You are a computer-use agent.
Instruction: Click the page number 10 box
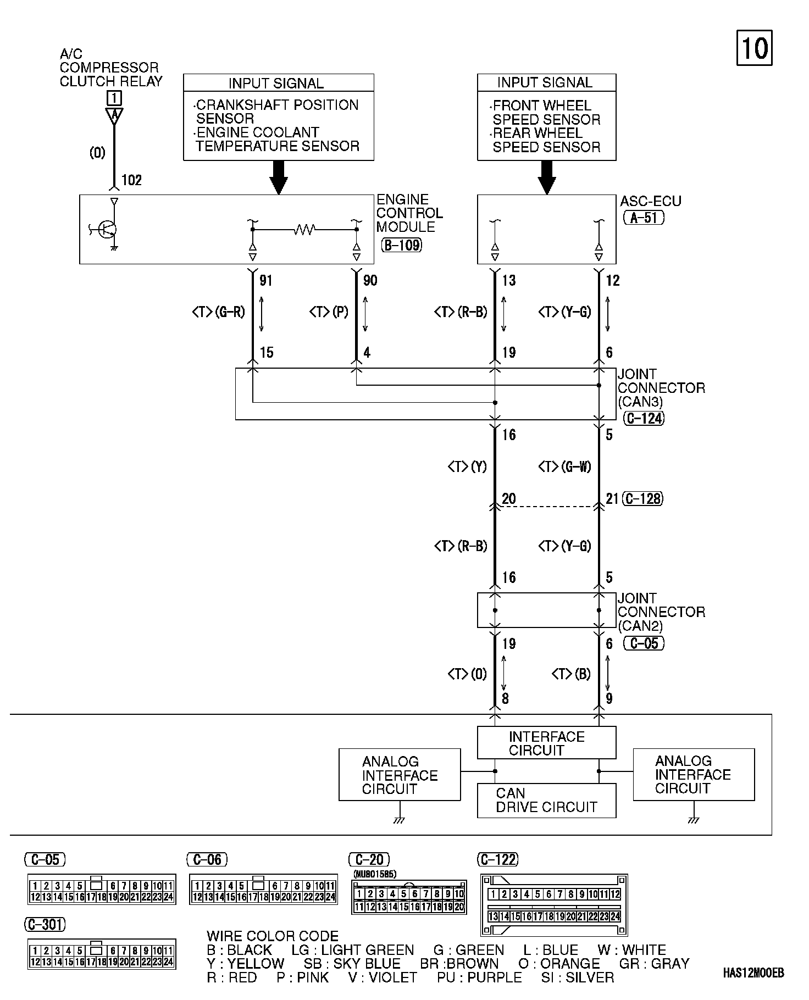[754, 48]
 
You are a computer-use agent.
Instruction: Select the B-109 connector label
[401, 245]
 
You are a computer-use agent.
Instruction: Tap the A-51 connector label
[644, 218]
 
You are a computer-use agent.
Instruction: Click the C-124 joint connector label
[644, 418]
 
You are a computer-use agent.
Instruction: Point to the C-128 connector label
[642, 498]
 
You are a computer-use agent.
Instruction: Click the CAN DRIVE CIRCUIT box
[546, 801]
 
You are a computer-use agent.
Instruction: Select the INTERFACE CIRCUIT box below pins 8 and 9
[546, 743]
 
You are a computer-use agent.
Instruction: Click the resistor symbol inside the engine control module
[304, 229]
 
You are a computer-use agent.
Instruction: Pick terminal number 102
[131, 180]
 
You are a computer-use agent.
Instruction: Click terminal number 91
[266, 280]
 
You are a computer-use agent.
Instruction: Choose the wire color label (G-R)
[229, 312]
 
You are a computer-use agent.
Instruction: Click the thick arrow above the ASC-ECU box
[546, 177]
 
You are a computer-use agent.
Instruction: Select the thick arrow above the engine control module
[279, 177]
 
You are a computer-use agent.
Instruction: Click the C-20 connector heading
[369, 859]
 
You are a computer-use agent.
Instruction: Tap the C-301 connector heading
[45, 925]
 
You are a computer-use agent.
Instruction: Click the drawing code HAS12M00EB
[753, 973]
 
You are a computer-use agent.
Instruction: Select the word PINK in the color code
[312, 977]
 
